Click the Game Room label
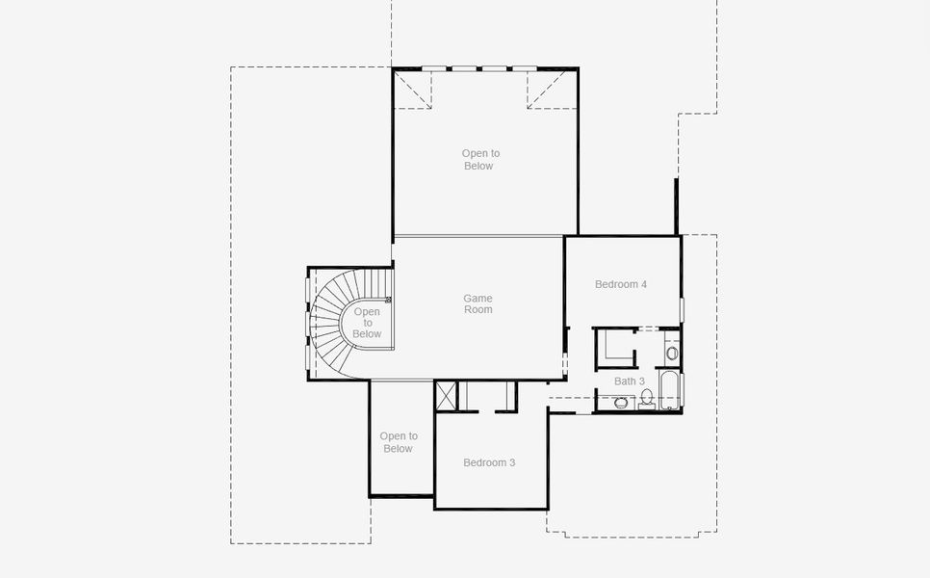pyautogui.click(x=478, y=304)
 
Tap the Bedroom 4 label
pyautogui.click(x=621, y=284)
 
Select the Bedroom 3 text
pyautogui.click(x=489, y=462)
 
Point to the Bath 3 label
pyautogui.click(x=630, y=381)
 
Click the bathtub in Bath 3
pyautogui.click(x=671, y=390)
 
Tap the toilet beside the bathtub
pyautogui.click(x=647, y=397)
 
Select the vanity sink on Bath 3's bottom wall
pyautogui.click(x=621, y=403)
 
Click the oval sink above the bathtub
pyautogui.click(x=672, y=354)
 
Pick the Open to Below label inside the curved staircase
pyautogui.click(x=367, y=323)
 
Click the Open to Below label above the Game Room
pyautogui.click(x=479, y=160)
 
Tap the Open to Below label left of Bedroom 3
pyautogui.click(x=399, y=442)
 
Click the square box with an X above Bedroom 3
pyautogui.click(x=446, y=395)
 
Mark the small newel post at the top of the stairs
pyautogui.click(x=388, y=300)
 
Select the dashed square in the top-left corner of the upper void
pyautogui.click(x=412, y=90)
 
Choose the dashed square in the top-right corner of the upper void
pyautogui.click(x=552, y=90)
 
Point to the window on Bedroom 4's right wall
pyautogui.click(x=682, y=309)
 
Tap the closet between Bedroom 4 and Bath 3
pyautogui.click(x=615, y=347)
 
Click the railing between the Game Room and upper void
pyautogui.click(x=478, y=236)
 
